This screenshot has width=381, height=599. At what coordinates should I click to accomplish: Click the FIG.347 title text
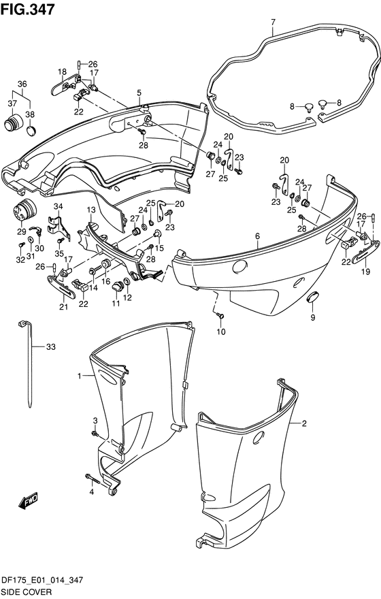[27, 8]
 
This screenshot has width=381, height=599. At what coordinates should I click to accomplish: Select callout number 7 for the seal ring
[273, 22]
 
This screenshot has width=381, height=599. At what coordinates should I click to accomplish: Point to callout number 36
[22, 84]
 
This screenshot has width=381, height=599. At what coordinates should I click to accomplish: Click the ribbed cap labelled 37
[14, 122]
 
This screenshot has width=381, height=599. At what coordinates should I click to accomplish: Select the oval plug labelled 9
[313, 297]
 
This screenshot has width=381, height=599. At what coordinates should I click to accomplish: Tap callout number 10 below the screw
[221, 331]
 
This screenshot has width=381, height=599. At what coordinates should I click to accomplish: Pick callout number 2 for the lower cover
[304, 423]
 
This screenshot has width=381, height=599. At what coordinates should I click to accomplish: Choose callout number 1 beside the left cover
[79, 376]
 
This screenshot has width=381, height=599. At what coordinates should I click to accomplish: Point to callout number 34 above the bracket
[58, 207]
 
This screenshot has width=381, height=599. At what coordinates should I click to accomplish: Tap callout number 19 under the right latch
[366, 272]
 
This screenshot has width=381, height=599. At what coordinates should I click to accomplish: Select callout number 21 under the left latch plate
[63, 306]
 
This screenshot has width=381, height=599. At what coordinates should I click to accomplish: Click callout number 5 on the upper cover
[139, 93]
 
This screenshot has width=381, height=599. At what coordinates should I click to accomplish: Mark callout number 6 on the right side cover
[258, 236]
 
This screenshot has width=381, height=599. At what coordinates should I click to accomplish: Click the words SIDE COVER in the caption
[27, 592]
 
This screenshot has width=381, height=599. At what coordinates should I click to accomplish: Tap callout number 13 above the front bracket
[91, 210]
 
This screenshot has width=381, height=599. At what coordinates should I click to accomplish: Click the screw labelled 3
[94, 433]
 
